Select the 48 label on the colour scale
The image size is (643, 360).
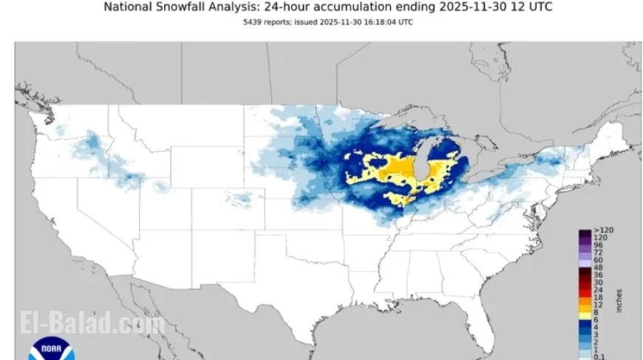[x=597, y=268]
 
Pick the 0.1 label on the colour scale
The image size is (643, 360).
[x=598, y=356]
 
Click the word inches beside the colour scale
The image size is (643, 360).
[x=619, y=299]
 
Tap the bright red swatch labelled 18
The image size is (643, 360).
[x=584, y=296]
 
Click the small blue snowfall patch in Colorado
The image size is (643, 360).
[x=241, y=198]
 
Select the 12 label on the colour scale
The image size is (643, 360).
[x=596, y=304]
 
